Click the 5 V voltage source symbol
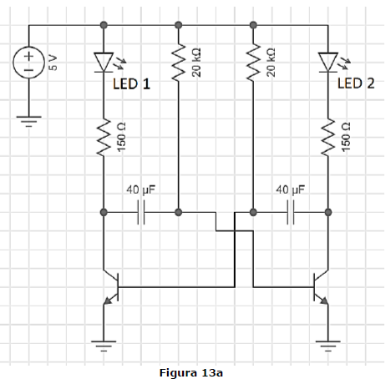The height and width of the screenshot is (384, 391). click(28, 63)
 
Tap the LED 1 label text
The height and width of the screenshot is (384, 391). click(131, 83)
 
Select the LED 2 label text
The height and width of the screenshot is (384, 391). click(356, 83)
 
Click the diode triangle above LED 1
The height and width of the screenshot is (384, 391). click(104, 62)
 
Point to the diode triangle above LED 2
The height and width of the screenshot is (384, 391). click(328, 62)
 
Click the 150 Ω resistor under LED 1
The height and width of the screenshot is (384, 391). click(104, 137)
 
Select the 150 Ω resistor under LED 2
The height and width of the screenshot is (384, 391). click(328, 137)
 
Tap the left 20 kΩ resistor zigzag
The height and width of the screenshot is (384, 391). click(179, 63)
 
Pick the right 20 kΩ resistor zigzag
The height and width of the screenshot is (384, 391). click(253, 63)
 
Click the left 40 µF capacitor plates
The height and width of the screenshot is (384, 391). click(141, 212)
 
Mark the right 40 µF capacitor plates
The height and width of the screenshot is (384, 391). click(291, 212)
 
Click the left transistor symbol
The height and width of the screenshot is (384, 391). click(111, 287)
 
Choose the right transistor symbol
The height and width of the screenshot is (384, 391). click(321, 287)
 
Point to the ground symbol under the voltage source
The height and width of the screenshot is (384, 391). click(28, 122)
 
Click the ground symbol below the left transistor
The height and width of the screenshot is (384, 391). click(104, 346)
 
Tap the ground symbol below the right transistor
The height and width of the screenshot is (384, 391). click(328, 346)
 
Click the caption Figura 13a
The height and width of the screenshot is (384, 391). click(191, 372)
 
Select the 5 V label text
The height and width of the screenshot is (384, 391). click(53, 63)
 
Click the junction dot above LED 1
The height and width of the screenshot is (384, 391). click(104, 25)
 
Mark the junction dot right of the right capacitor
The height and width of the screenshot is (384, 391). click(328, 212)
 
